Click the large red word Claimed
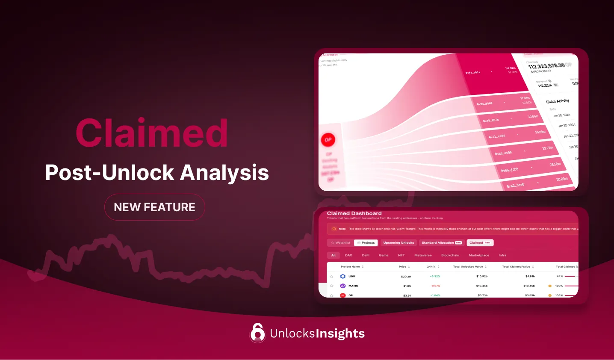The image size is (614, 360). coord(151,133)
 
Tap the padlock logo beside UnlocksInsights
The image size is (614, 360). coord(257,333)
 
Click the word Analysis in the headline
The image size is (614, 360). coord(224,173)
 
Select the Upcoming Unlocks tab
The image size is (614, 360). coord(399,243)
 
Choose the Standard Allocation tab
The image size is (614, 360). coord(442,243)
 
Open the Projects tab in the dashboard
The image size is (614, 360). coord(366,243)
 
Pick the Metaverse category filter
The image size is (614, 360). coord(423,255)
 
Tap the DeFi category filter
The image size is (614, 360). coord(366,255)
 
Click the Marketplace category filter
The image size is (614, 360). coord(479,255)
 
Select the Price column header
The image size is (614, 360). coord(403,267)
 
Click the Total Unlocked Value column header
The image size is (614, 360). coord(468,267)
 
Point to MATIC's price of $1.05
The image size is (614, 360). coord(407,286)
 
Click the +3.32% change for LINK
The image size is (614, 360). coord(435,277)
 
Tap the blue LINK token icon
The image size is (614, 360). coord(342,277)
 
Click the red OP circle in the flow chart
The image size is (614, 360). coord(328,140)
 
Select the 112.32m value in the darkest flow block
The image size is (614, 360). coord(510,68)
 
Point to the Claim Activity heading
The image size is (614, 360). coord(558,101)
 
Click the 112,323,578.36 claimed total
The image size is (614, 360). coord(546,66)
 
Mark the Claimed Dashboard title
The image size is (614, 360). coord(354,213)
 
